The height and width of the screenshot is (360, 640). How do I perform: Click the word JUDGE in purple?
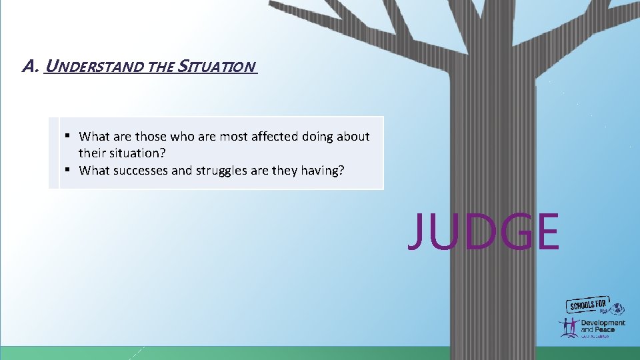pyautogui.click(x=483, y=231)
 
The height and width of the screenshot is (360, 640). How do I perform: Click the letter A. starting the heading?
pyautogui.click(x=29, y=67)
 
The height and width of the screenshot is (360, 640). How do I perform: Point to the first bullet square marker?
pyautogui.click(x=68, y=136)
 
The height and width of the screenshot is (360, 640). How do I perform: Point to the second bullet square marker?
pyautogui.click(x=68, y=170)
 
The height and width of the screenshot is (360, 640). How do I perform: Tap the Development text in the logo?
pyautogui.click(x=603, y=323)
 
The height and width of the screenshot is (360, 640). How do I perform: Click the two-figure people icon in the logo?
pyautogui.click(x=569, y=327)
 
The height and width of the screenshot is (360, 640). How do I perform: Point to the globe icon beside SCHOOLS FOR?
pyautogui.click(x=619, y=308)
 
